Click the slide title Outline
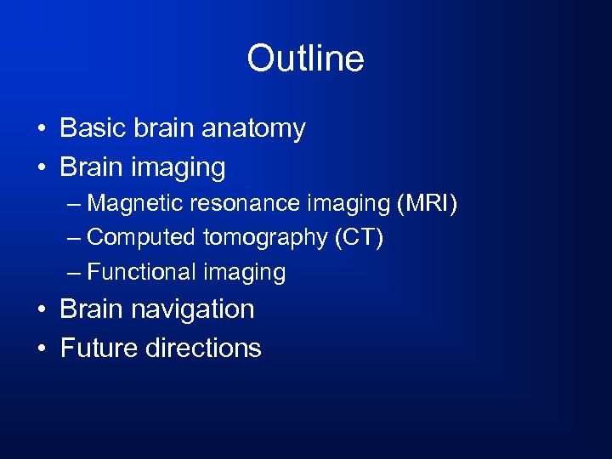click(305, 59)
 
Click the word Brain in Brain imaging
click(93, 167)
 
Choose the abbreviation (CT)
click(359, 238)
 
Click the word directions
click(203, 348)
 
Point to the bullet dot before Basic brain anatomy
click(41, 130)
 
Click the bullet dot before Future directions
click(41, 348)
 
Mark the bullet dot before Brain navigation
click(41, 309)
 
